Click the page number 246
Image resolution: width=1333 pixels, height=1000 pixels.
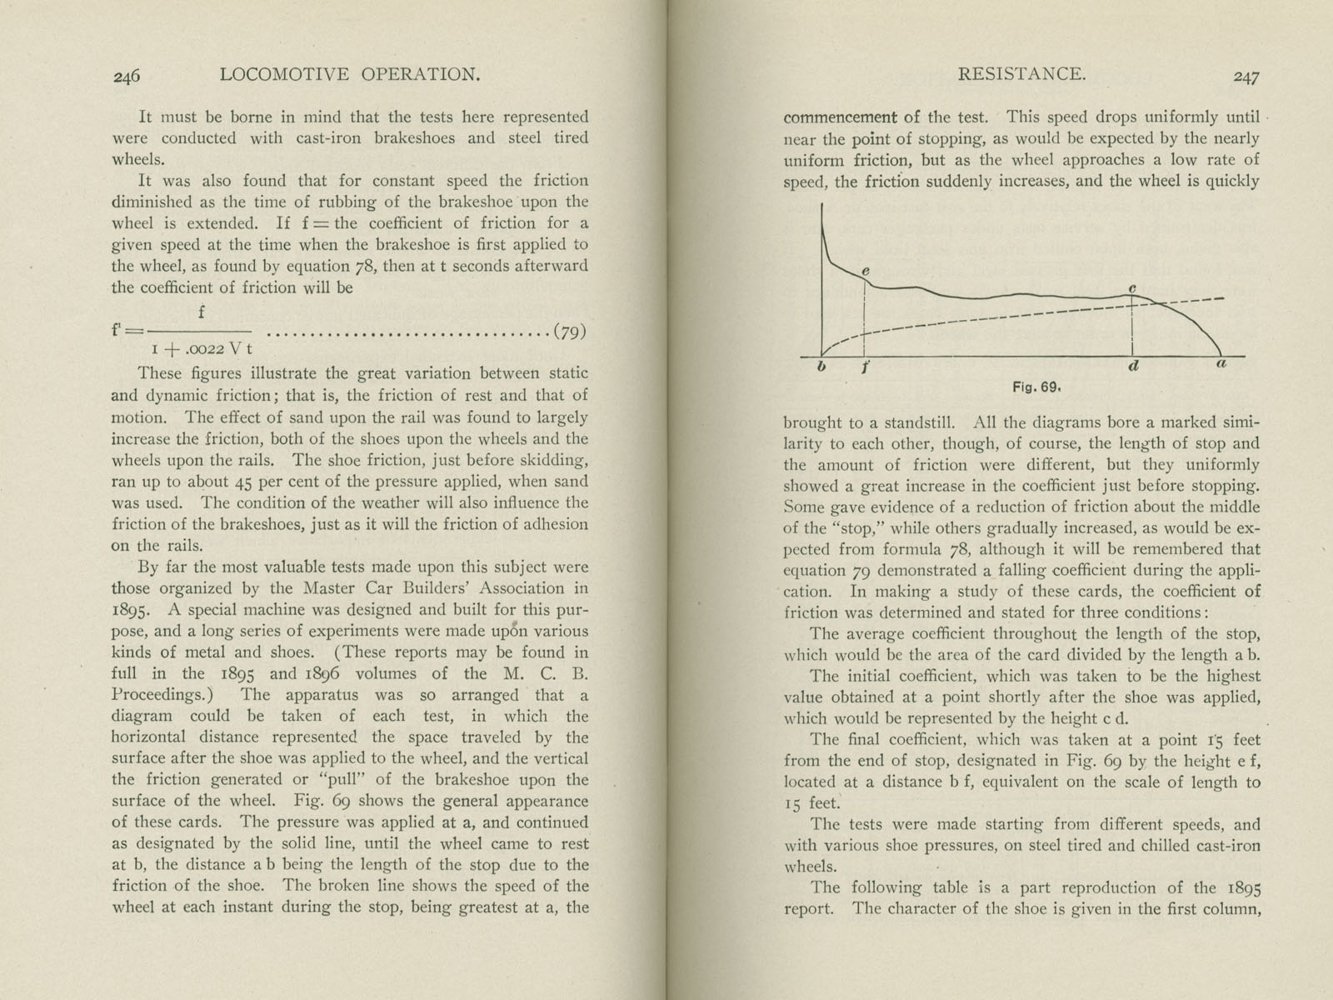pyautogui.click(x=127, y=76)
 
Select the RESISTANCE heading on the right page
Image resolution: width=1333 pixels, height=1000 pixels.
pyautogui.click(x=1021, y=74)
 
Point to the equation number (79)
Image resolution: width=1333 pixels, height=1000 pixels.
pyautogui.click(x=569, y=332)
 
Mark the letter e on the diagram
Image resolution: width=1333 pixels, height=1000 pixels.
pyautogui.click(x=866, y=271)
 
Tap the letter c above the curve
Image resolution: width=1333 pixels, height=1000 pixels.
pyautogui.click(x=1133, y=288)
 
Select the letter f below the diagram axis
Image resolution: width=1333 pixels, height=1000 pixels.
pyautogui.click(x=866, y=367)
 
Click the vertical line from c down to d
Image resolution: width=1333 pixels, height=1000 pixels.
pyautogui.click(x=1133, y=329)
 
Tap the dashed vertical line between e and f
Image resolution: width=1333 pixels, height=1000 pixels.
pyautogui.click(x=866, y=321)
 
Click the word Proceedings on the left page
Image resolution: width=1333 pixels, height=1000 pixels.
pyautogui.click(x=157, y=694)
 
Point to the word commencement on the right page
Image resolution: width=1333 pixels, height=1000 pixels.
pyautogui.click(x=841, y=117)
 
